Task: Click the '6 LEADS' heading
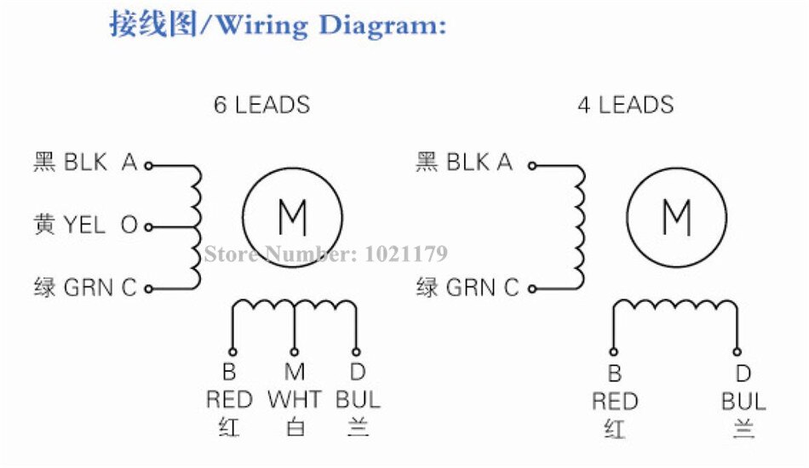tap(261, 106)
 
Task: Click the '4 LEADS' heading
tap(625, 106)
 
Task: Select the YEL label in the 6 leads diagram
tap(83, 226)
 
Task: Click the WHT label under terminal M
tap(294, 400)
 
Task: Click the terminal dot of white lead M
tap(294, 351)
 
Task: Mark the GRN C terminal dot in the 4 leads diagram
tap(532, 288)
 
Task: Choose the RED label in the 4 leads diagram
tap(615, 401)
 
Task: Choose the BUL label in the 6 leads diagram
tap(358, 400)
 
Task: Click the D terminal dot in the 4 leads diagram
tap(737, 351)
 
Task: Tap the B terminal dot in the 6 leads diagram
tap(230, 351)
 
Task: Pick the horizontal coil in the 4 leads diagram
tap(674, 306)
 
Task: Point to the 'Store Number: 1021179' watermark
tap(324, 254)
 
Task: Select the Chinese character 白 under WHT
tap(294, 427)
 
